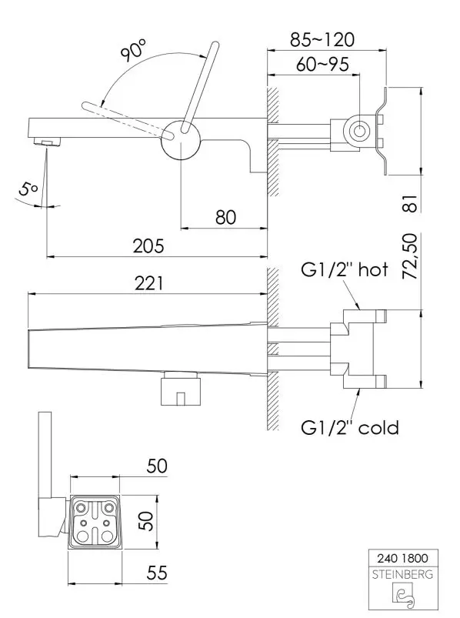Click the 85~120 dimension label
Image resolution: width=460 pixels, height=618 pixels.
322,39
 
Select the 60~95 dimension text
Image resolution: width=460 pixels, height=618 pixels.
322,64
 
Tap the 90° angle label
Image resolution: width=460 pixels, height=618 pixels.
133,50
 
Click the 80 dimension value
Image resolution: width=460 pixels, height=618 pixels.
225,217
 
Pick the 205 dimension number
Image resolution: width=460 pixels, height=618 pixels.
148,246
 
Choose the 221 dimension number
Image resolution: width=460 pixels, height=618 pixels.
148,283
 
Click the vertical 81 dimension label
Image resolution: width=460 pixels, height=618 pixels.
410,203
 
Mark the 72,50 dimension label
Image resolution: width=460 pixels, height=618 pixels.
410,256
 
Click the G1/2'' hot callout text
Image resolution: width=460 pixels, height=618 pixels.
345,270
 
